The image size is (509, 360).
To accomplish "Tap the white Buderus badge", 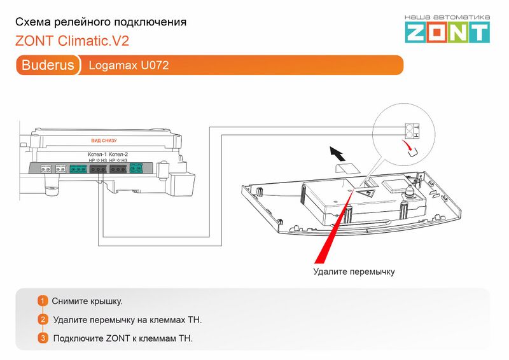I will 48,66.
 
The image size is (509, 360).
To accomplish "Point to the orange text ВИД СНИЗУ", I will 104,140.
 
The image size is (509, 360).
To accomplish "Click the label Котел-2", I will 119,155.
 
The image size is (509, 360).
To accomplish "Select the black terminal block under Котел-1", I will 97,169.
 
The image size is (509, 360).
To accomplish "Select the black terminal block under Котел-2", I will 119,169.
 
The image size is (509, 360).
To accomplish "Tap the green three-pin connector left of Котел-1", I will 78,169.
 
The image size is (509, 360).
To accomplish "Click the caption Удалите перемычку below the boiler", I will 354,272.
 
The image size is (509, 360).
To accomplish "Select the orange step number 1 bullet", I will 43,301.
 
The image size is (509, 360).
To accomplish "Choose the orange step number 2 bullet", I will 43,319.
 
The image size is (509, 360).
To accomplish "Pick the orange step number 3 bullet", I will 43,338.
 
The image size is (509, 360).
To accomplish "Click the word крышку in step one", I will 104,301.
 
